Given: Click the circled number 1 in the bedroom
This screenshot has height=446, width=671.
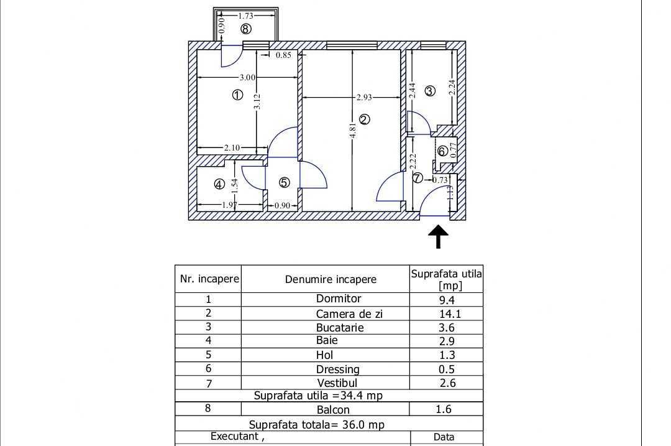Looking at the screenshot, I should pos(237,95).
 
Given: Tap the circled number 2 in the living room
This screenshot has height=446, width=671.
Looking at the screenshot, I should pos(365,119).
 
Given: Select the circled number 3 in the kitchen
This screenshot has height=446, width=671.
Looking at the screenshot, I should pos(430,91).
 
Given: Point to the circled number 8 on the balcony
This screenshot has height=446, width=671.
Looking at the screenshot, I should pos(246,29).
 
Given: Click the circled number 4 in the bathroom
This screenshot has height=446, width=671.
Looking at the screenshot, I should pos(219,184).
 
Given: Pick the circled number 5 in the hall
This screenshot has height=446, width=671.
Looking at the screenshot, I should pos(284,182).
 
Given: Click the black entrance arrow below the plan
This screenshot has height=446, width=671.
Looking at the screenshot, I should pos(439,236).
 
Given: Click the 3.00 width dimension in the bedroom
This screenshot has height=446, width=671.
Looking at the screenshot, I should pos(247,78).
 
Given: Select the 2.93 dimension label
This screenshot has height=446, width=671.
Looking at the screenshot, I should pos(364,97).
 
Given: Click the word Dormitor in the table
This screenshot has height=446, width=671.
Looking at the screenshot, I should pos(338,299).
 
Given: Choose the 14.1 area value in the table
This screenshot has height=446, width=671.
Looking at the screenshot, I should pos(450,314).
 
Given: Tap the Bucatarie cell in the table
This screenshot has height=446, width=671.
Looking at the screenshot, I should pos(339,328).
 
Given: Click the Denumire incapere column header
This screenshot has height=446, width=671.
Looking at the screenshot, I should pos(331,279).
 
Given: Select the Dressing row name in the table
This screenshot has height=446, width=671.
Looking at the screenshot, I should pos(337,369).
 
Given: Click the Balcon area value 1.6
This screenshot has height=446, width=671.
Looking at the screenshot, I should pos(444,409).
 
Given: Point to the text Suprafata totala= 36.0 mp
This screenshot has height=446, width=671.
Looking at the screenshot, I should pos(316,425).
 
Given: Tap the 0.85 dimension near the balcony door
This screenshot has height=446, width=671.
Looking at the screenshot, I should pos(283,55).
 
